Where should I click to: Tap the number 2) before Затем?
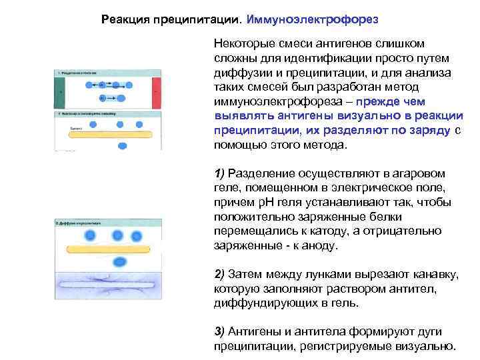point(219,274)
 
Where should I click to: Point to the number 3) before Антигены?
point(219,331)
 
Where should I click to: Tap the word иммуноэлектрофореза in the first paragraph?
point(281,101)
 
